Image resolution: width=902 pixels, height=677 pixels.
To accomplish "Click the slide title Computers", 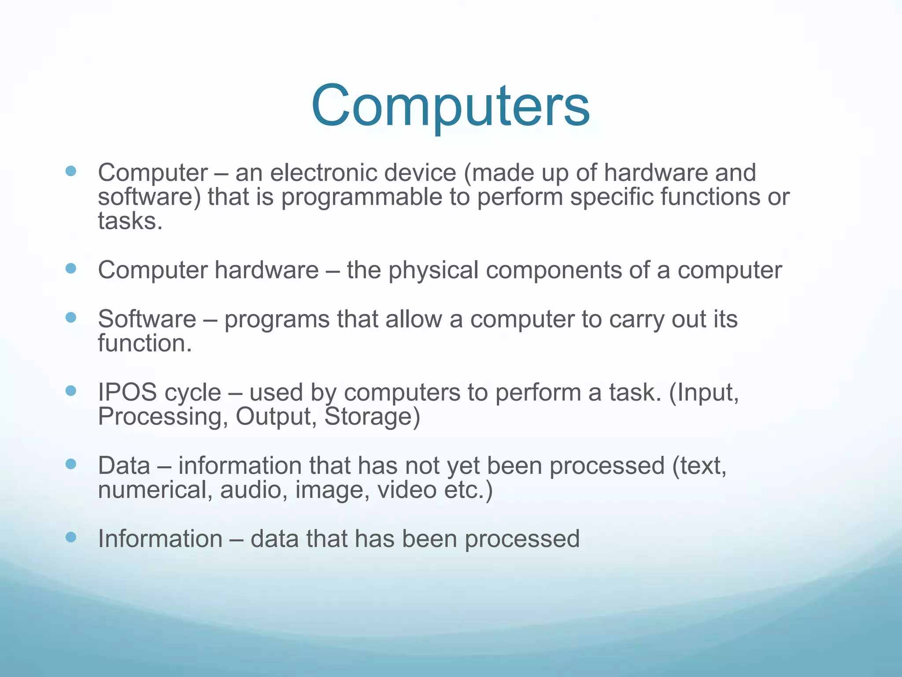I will [x=450, y=107].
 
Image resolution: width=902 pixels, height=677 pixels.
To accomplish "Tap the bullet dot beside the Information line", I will [x=71, y=537].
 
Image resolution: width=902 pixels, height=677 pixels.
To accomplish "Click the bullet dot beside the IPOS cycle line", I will [x=71, y=391].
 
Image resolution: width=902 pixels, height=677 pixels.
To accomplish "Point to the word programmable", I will [x=362, y=197].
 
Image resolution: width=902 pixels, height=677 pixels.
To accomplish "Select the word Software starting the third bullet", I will [x=147, y=319].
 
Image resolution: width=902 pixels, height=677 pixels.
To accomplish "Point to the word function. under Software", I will [x=144, y=343].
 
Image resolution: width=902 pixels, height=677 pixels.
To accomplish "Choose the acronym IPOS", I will [x=127, y=392].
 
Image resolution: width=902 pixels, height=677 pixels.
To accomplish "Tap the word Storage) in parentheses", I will [x=372, y=417].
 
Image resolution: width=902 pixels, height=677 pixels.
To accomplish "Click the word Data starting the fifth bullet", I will [x=124, y=466].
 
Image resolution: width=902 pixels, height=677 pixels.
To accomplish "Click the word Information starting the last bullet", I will [x=160, y=539].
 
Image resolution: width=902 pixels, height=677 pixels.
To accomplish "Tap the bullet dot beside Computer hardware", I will [x=71, y=268].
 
